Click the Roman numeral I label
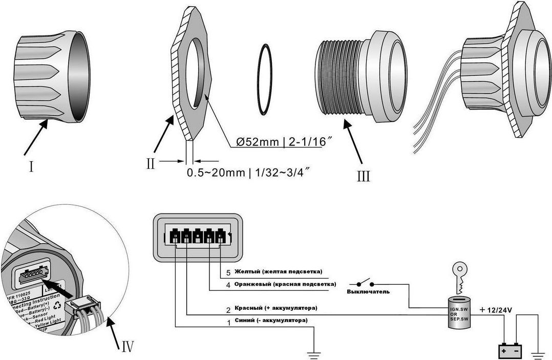(x=32, y=166)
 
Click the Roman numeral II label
(x=150, y=163)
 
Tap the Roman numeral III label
(x=364, y=176)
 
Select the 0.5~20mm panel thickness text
(x=217, y=173)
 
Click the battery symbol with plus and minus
(x=511, y=352)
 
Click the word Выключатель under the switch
(x=369, y=292)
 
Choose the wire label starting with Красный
(x=275, y=308)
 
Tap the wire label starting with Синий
(x=270, y=321)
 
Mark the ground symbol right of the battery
(x=538, y=353)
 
